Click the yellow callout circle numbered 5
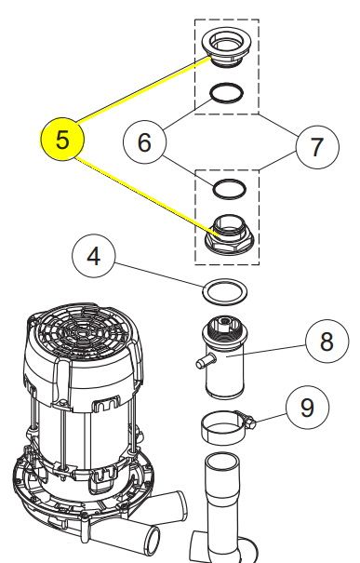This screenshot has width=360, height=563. (x=62, y=139)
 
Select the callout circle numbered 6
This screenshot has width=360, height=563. (x=144, y=142)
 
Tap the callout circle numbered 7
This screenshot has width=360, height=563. (x=317, y=146)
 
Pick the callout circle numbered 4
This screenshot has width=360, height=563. (x=94, y=256)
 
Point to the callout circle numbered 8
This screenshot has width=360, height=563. (x=327, y=342)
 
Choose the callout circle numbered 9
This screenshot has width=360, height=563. (x=308, y=408)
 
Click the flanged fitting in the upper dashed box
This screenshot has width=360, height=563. (x=227, y=47)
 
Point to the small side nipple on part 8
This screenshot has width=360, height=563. (x=206, y=360)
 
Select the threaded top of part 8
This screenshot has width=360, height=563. (x=225, y=328)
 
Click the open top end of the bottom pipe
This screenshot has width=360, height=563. (x=222, y=462)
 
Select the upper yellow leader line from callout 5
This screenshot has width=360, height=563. (x=143, y=89)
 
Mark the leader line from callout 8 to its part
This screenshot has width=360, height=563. (x=266, y=351)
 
